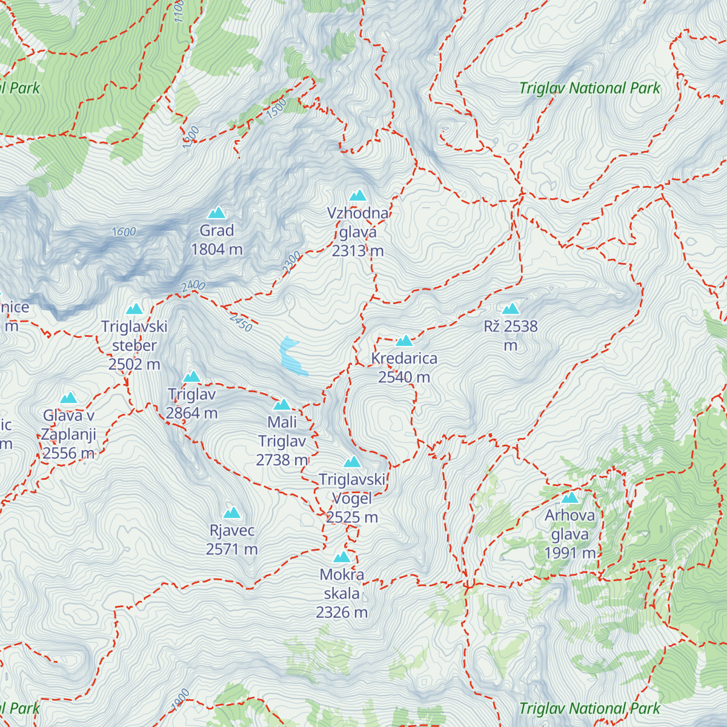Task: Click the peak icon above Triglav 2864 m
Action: pos(191,377)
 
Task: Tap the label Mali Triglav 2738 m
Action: pos(282,441)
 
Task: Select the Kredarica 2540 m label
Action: pos(404,368)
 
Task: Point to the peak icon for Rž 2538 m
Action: pos(511,309)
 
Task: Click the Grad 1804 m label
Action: pos(216,240)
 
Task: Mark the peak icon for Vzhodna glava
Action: pos(358,196)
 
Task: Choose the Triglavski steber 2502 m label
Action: pos(134,345)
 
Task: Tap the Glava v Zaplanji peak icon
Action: pos(68,398)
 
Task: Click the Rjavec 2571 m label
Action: pos(231,540)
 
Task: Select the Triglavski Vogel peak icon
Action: pos(352,462)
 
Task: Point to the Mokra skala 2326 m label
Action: pos(342,593)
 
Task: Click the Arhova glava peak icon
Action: pos(569,498)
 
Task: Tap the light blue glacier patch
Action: pos(291,357)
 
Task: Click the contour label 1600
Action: pos(124,231)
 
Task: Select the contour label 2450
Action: pos(241,322)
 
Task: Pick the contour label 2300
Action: pos(291,262)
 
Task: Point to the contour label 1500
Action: pos(276,108)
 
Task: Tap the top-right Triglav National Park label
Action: pos(589,88)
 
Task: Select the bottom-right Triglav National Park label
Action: pos(589,708)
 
